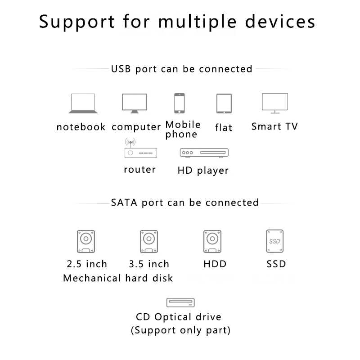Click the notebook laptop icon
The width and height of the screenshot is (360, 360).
[x=83, y=103]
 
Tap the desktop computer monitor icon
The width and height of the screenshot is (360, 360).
[x=135, y=103]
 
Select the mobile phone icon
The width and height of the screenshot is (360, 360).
[x=179, y=103]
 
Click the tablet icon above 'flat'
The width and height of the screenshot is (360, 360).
[x=224, y=103]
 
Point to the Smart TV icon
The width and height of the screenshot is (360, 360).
[x=275, y=103]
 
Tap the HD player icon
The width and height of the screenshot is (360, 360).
[x=204, y=153]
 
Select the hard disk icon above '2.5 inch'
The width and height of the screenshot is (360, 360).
[x=86, y=241]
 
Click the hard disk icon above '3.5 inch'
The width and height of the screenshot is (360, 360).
[x=149, y=241]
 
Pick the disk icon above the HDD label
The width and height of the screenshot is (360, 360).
[x=212, y=241]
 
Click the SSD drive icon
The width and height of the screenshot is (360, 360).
[x=275, y=241]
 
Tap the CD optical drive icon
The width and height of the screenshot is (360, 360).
[x=180, y=302]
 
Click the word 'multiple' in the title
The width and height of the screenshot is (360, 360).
[x=198, y=22]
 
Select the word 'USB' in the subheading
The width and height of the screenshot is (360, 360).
[x=121, y=69]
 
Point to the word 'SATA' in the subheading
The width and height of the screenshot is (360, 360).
[x=124, y=203]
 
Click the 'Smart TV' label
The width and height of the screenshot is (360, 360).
[x=274, y=126]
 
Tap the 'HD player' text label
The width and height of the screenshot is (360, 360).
[x=203, y=171]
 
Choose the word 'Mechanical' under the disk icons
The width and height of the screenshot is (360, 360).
[x=92, y=278]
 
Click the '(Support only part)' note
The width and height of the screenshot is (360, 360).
[x=180, y=330]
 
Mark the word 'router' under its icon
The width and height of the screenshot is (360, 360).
[x=140, y=170]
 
